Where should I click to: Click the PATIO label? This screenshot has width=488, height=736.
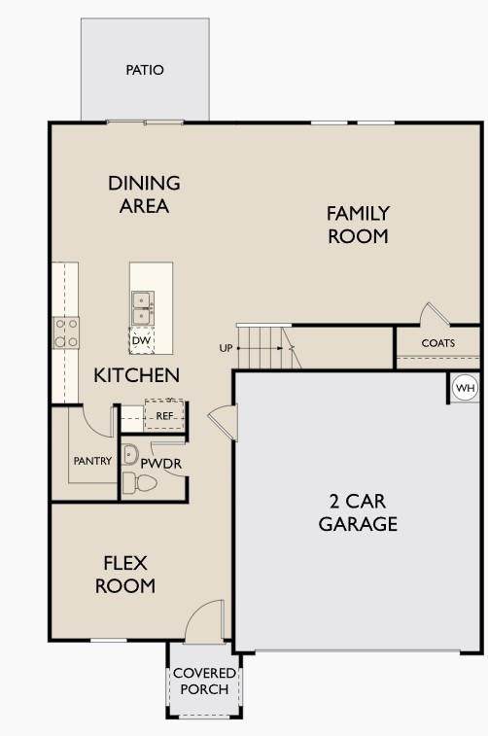[145, 70]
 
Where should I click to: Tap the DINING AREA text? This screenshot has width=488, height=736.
[144, 194]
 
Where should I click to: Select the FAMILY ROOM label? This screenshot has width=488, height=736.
[358, 225]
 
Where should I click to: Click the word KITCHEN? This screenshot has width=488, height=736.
[136, 375]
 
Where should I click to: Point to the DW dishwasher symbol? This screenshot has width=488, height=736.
[141, 340]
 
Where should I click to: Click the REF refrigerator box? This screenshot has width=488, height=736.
[164, 414]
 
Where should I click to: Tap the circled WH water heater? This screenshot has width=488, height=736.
[466, 388]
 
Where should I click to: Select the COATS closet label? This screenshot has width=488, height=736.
[438, 343]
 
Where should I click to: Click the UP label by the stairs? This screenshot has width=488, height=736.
[226, 348]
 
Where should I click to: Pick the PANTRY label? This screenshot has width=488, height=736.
[93, 461]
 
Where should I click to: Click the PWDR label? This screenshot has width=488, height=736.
[161, 464]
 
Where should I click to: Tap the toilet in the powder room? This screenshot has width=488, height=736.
[139, 482]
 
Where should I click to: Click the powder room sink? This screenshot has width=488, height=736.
[130, 454]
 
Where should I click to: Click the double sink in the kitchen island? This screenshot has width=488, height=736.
[142, 308]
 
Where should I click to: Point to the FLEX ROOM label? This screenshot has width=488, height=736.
[125, 574]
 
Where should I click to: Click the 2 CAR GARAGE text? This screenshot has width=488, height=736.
[358, 512]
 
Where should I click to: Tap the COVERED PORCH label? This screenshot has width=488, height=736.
[204, 682]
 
